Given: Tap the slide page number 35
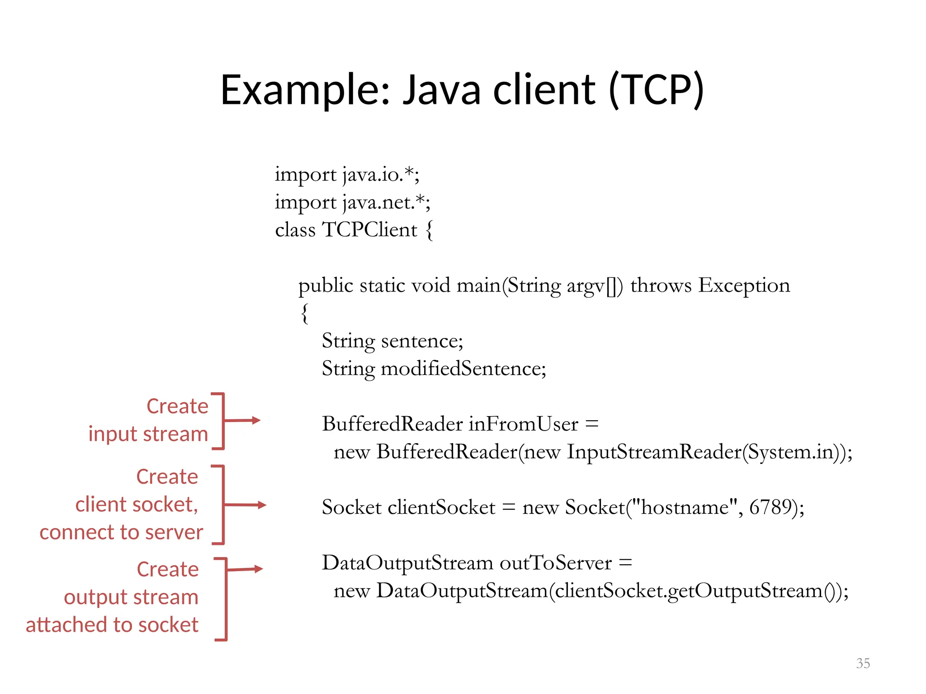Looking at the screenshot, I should (x=863, y=663).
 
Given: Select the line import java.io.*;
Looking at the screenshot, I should (x=347, y=174).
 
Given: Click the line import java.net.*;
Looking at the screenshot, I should (x=353, y=202).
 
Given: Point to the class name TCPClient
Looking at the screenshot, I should (x=369, y=230).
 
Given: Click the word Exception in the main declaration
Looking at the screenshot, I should (x=744, y=285).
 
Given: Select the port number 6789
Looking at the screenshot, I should (x=770, y=507).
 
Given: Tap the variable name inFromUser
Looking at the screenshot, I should (x=523, y=424).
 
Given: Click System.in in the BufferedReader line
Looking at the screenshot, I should (x=790, y=452).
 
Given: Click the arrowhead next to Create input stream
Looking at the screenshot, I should (x=255, y=420).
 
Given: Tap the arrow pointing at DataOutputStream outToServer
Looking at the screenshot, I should (x=258, y=569).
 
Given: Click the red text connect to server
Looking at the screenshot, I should (x=121, y=532).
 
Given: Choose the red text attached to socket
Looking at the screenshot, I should (x=112, y=625).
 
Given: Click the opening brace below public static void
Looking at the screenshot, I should (x=305, y=313).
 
